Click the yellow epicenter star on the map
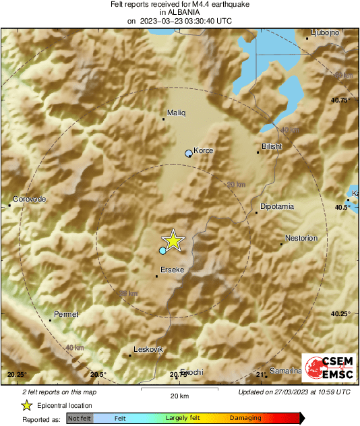[173, 240]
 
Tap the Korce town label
[203, 150]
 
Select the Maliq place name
[175, 113]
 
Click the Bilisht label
[271, 146]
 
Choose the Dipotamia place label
[276, 207]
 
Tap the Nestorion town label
[301, 238]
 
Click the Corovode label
[29, 199]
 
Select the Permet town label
[66, 314]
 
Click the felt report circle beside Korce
[188, 154]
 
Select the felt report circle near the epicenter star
[162, 251]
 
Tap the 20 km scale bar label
[179, 396]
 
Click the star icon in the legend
[27, 406]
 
